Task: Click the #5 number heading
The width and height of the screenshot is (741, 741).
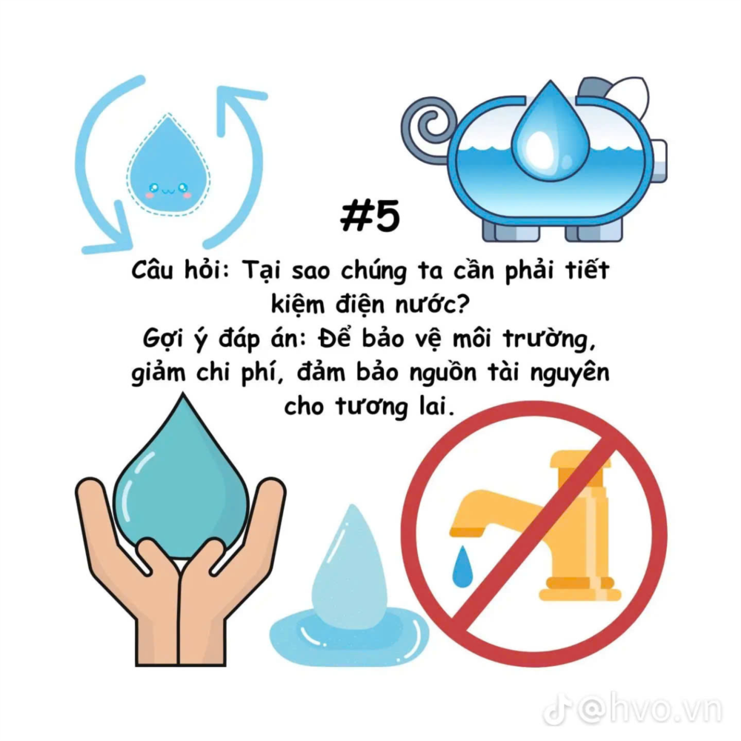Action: tap(370, 216)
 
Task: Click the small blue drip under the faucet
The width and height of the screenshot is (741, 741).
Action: tap(462, 567)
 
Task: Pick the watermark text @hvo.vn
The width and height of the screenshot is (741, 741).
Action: tap(650, 708)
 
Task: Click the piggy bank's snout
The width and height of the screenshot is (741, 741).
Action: tap(658, 161)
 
